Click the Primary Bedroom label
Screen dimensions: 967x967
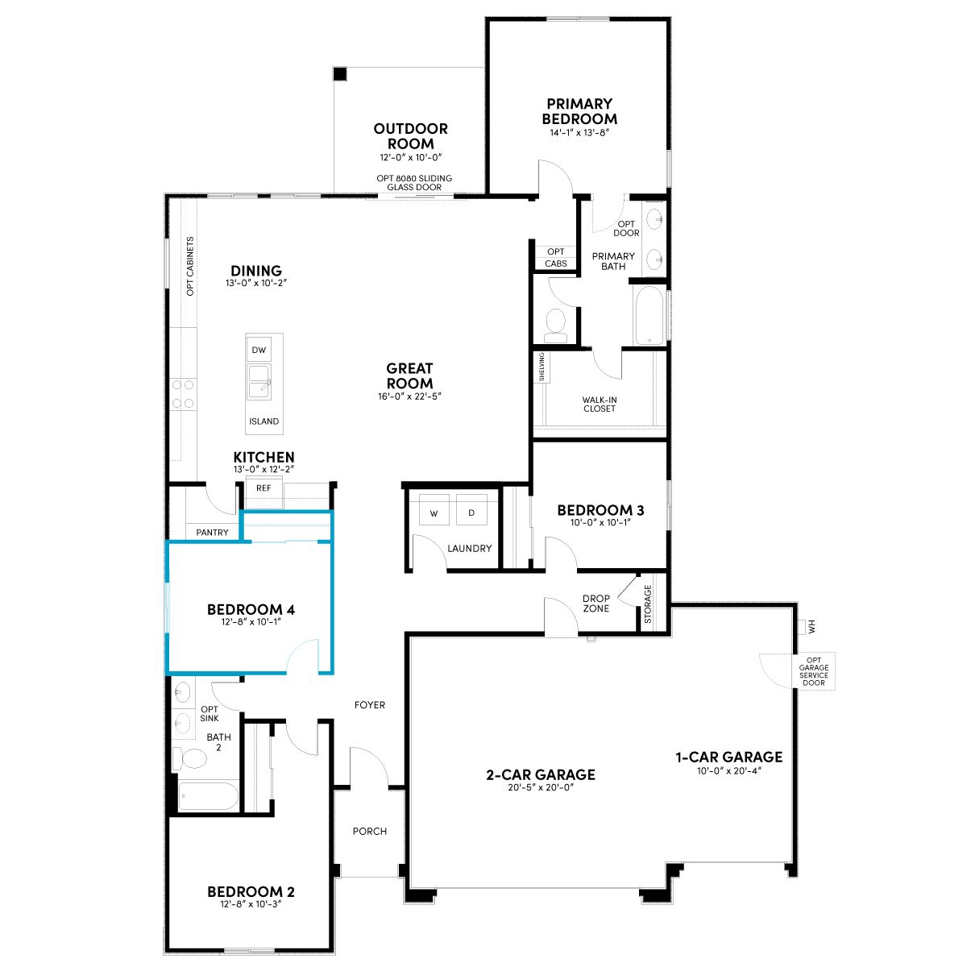pyautogui.click(x=579, y=111)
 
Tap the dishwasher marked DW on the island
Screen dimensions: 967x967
pyautogui.click(x=259, y=350)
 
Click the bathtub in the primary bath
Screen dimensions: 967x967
pyautogui.click(x=650, y=315)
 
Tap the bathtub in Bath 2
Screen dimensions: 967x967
pyautogui.click(x=208, y=796)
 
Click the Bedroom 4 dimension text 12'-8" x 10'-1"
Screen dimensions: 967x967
pyautogui.click(x=251, y=622)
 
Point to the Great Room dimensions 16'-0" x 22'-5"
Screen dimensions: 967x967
pyautogui.click(x=409, y=396)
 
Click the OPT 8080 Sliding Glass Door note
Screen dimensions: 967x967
pyautogui.click(x=414, y=183)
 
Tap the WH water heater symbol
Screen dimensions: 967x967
pyautogui.click(x=807, y=627)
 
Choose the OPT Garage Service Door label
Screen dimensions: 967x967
pyautogui.click(x=813, y=671)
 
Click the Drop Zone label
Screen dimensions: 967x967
pyautogui.click(x=596, y=604)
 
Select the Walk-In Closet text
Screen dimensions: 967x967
pyautogui.click(x=600, y=404)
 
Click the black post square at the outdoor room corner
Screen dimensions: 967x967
pyautogui.click(x=340, y=74)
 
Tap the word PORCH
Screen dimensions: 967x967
pyautogui.click(x=370, y=832)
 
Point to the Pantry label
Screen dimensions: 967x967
pyautogui.click(x=212, y=533)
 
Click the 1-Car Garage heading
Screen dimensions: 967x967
pyautogui.click(x=729, y=757)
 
